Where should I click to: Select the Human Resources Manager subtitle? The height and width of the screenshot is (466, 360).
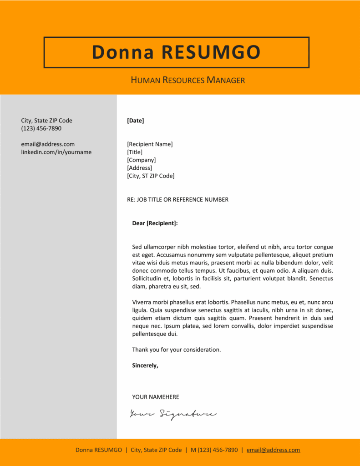tap(188, 81)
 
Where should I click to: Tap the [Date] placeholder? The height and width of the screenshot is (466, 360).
tap(136, 121)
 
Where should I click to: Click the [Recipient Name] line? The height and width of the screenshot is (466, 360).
tap(150, 144)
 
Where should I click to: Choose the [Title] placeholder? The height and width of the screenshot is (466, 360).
tap(135, 152)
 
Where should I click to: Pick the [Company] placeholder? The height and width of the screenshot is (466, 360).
tap(142, 160)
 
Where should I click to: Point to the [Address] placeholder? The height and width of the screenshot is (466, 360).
tap(140, 168)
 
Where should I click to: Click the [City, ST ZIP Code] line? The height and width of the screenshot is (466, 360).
tap(151, 176)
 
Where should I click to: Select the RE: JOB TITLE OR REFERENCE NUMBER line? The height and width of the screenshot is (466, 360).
tap(177, 199)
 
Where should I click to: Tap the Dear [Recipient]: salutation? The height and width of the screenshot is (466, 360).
tap(155, 223)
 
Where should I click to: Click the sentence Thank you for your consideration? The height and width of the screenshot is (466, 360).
tap(176, 349)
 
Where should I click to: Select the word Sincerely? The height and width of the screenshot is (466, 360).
tap(145, 365)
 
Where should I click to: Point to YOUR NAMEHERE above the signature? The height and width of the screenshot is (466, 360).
tap(156, 397)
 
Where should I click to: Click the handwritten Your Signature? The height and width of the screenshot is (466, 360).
tap(173, 414)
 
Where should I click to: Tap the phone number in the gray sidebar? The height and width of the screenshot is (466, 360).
tap(41, 128)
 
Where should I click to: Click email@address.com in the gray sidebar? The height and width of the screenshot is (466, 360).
tap(48, 144)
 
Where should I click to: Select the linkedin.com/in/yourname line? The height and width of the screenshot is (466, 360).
tap(56, 152)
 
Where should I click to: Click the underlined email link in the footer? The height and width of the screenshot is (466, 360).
tap(273, 450)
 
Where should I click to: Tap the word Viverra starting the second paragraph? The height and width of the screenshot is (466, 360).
tap(142, 302)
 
